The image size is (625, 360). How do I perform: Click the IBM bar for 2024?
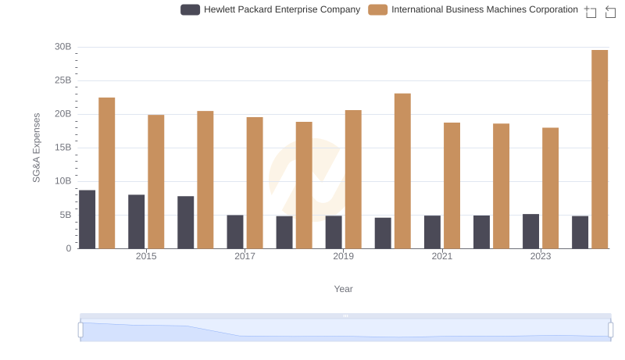coord(599,149)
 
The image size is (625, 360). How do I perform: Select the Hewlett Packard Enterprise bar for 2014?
coord(87,219)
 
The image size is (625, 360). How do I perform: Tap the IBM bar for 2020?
coord(402,171)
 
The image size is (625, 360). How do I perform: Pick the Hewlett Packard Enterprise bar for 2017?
coord(235,232)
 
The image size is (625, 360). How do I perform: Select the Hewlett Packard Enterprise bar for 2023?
coord(531,231)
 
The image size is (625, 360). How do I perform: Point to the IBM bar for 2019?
coord(353,180)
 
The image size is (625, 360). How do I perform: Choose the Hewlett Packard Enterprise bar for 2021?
coord(433,232)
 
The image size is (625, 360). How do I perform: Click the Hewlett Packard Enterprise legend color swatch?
coord(190,10)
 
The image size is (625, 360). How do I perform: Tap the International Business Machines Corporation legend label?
coord(484,10)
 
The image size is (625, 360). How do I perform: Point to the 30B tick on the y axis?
coord(62,47)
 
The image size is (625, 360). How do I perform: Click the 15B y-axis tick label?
coord(62,148)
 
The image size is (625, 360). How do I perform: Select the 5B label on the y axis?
coord(65,215)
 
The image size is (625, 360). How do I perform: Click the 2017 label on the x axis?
coord(245,256)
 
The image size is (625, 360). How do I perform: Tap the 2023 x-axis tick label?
coord(541,256)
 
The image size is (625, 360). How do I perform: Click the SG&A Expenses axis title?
coord(37,148)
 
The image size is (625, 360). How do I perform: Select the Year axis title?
coord(344,289)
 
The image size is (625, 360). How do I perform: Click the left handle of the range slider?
coord(80,330)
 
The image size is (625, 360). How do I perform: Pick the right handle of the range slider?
coord(610,330)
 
